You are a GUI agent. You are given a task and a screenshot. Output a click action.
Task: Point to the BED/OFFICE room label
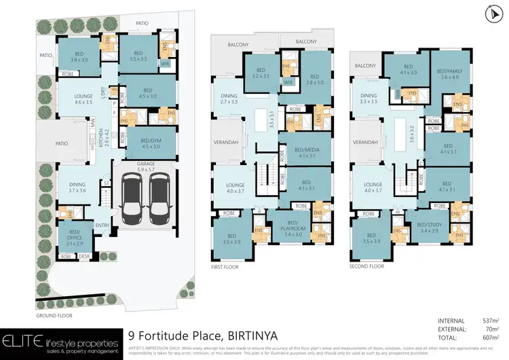[x=74, y=236]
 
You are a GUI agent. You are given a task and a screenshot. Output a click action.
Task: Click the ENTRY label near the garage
[x=102, y=226]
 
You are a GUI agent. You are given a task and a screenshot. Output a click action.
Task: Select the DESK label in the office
[x=84, y=257]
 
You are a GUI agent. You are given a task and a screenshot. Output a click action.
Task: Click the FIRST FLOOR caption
[x=226, y=267]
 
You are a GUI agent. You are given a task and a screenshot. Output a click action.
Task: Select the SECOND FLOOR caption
[x=367, y=267]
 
